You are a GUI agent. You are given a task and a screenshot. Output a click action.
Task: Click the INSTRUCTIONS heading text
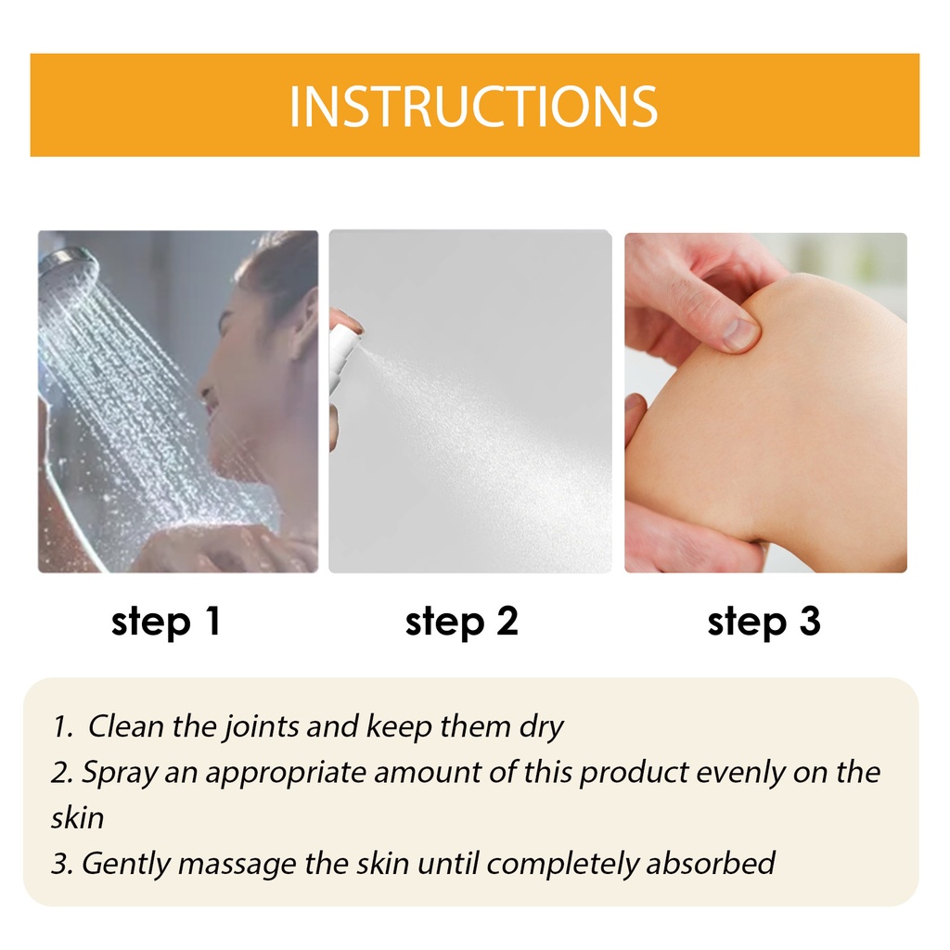pyautogui.click(x=473, y=107)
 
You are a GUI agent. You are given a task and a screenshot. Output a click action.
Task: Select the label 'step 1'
pyautogui.click(x=166, y=623)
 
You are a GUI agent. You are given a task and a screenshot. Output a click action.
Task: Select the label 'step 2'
pyautogui.click(x=462, y=623)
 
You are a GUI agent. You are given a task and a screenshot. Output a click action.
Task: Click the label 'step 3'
pyautogui.click(x=764, y=623)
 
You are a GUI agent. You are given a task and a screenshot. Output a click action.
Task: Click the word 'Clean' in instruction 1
pyautogui.click(x=126, y=725)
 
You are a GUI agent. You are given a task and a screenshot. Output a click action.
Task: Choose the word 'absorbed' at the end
pyautogui.click(x=711, y=863)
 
